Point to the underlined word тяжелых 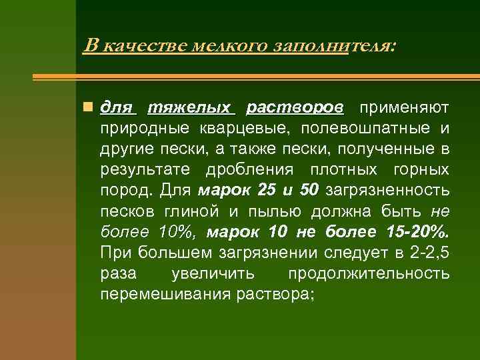coord(189,107)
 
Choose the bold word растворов coord(295,107)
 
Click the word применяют coord(404,107)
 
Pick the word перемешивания coord(165,293)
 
